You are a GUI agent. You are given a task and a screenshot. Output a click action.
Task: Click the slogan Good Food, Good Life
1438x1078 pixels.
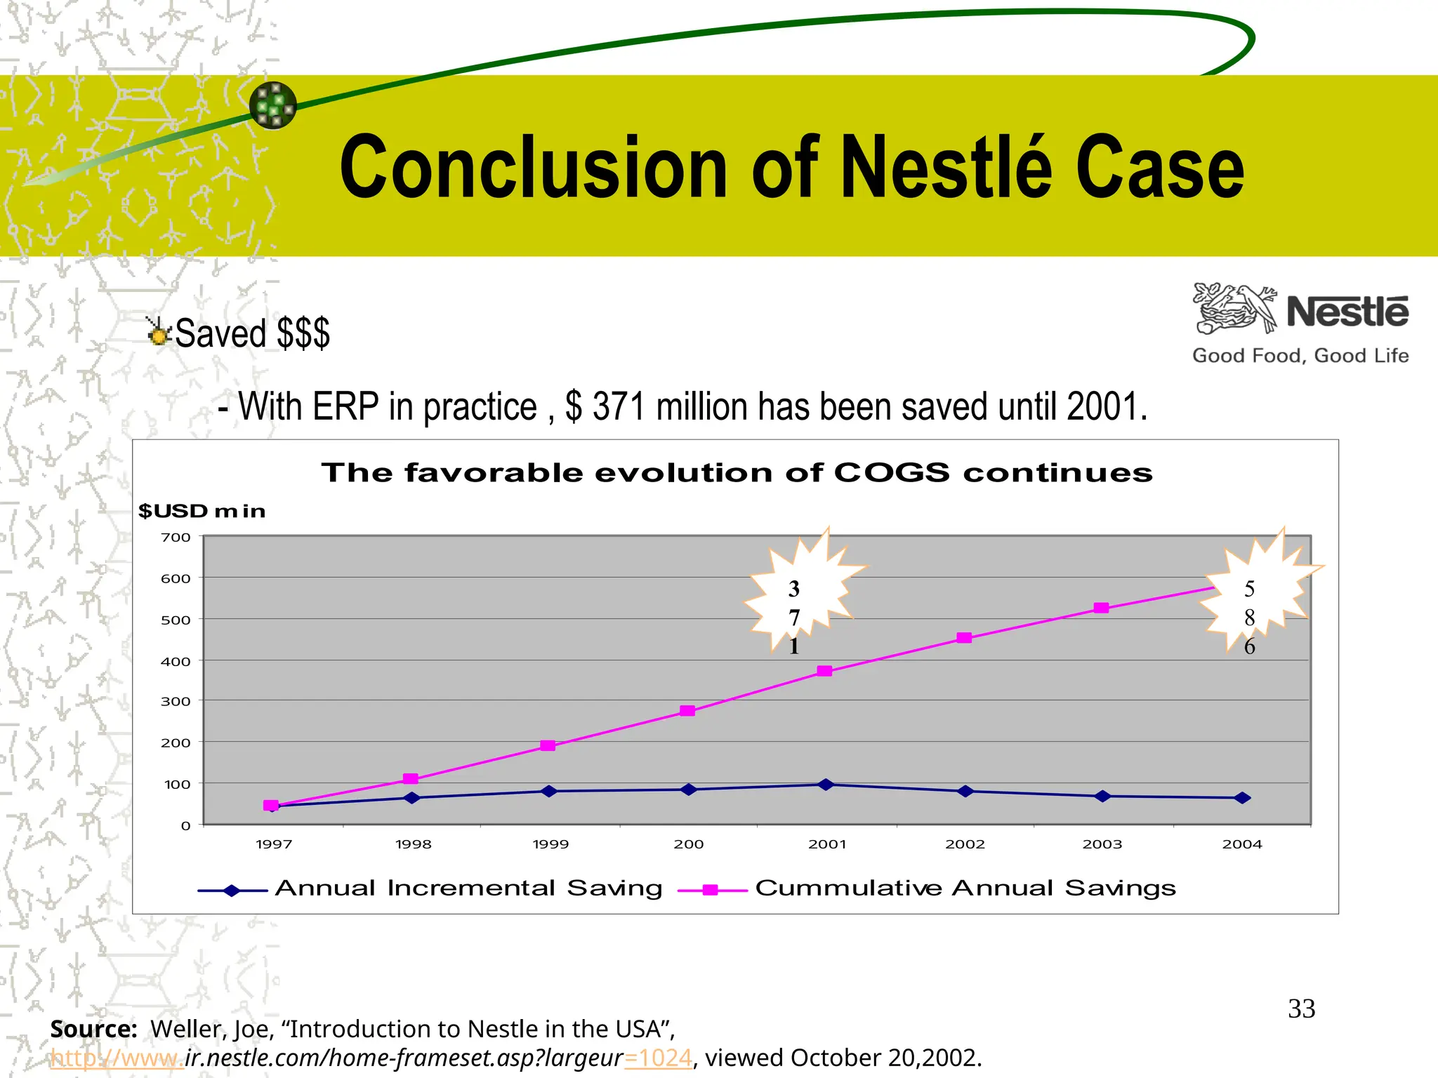point(1300,356)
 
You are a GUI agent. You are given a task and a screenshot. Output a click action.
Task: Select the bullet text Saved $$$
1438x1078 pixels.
point(251,333)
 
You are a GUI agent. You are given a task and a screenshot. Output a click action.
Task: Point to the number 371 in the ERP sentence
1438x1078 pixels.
point(619,407)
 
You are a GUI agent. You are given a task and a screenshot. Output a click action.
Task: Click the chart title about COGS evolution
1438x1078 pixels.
point(737,473)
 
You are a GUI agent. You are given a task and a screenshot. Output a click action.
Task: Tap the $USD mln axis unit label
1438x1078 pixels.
point(202,511)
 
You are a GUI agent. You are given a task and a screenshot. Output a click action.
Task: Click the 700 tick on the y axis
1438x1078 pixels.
point(176,538)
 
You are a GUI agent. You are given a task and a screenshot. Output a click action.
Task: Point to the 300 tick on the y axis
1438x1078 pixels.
point(176,701)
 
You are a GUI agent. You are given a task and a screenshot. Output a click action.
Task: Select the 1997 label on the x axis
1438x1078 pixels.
point(274,844)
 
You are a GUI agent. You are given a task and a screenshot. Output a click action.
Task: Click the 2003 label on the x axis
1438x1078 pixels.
point(1102,844)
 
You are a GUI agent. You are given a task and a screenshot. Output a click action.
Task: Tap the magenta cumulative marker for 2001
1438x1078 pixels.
point(825,671)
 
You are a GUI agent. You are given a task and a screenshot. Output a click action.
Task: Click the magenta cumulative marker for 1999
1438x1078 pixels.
point(548,745)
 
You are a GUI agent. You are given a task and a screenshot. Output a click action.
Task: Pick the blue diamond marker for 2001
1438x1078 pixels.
point(826,785)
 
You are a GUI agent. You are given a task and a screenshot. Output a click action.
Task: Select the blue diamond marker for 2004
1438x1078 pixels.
point(1242,798)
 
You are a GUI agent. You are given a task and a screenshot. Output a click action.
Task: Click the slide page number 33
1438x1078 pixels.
point(1301,1009)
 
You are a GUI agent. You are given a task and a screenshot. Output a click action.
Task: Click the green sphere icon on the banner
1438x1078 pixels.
point(273,105)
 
